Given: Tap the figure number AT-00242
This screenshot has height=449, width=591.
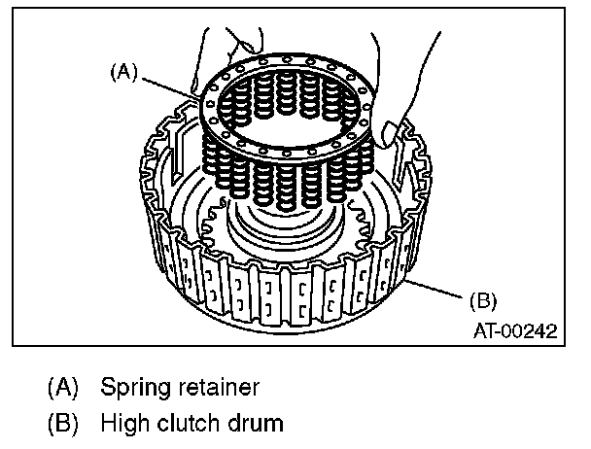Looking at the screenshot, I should (x=515, y=330).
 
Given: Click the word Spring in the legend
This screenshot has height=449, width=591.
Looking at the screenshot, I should (x=133, y=389).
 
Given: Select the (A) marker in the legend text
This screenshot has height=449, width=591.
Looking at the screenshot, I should (x=64, y=389).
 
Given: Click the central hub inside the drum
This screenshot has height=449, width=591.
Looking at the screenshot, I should (x=282, y=233).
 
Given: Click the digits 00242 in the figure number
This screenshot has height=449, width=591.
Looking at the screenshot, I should (x=533, y=330).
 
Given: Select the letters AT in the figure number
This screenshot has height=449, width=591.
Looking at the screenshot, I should (x=486, y=330).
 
